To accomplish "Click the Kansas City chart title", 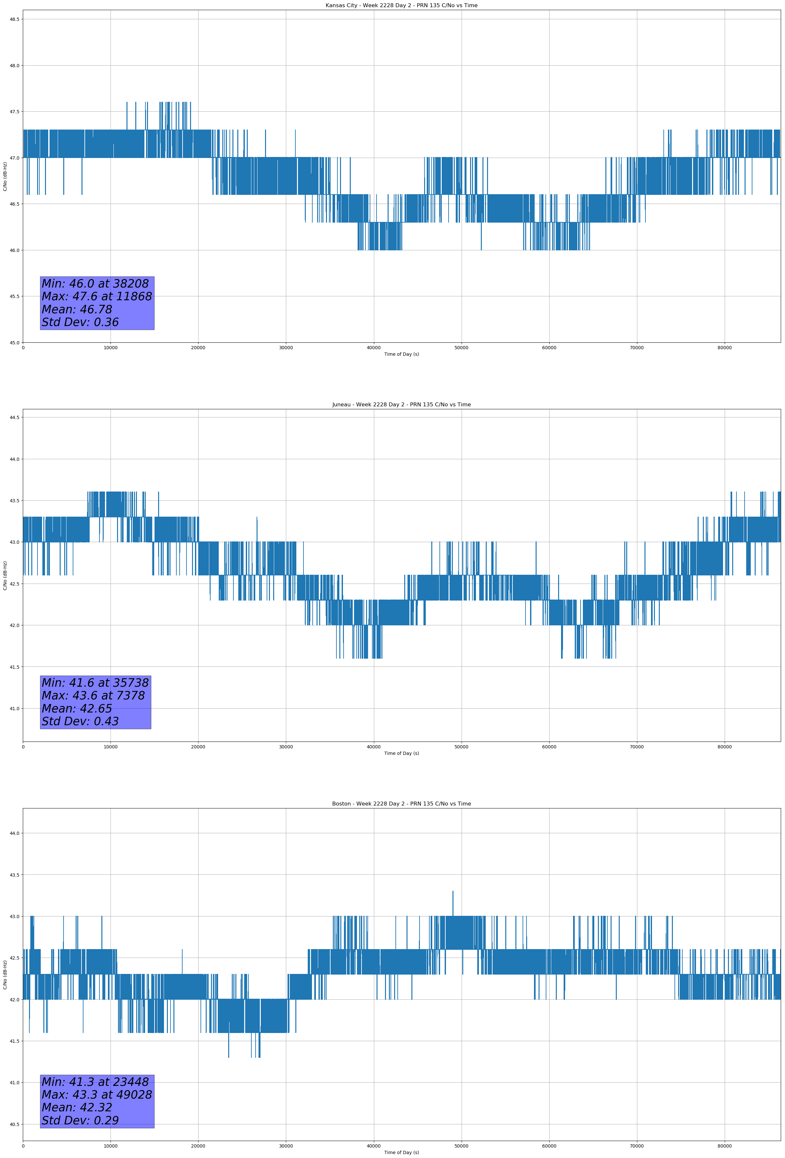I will click(x=401, y=6).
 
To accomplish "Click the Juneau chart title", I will click(x=401, y=405).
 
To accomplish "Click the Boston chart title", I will click(x=401, y=804).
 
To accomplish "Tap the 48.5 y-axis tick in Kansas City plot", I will click(x=14, y=20).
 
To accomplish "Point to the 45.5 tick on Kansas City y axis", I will click(x=14, y=296).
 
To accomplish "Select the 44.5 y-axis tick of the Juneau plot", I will click(x=14, y=417).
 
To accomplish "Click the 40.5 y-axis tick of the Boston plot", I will click(x=14, y=1124).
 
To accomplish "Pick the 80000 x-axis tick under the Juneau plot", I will click(x=724, y=746).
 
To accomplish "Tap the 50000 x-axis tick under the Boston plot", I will click(x=461, y=1146).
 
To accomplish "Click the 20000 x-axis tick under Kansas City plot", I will click(x=198, y=348).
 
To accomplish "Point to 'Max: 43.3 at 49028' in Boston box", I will click(x=96, y=1095).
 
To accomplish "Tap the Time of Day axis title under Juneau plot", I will click(x=401, y=753).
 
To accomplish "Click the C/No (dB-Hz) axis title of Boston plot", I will click(x=5, y=975).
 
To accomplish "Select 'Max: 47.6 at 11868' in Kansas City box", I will click(x=96, y=296).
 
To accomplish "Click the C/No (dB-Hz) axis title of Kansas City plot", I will click(x=5, y=176).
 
